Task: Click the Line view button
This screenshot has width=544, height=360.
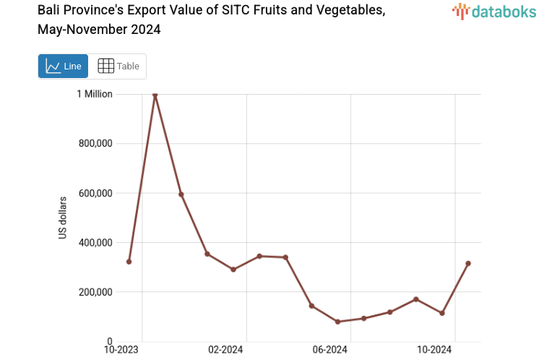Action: point(63,67)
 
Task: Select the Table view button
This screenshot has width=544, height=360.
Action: point(118,67)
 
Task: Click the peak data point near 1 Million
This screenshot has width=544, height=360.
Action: point(155,95)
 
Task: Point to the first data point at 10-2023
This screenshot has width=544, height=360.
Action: point(129,262)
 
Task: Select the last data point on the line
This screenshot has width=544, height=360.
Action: point(468,263)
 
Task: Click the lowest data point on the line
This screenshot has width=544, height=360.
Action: point(337,322)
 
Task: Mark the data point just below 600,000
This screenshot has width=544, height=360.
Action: point(181,194)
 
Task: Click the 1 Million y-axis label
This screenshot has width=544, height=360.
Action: point(95,94)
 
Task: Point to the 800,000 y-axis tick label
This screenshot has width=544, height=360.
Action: point(95,143)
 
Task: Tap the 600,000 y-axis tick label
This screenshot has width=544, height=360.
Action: point(95,193)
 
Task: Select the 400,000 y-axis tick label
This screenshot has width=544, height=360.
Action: point(95,242)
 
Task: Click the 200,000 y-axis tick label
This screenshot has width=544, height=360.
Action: point(95,292)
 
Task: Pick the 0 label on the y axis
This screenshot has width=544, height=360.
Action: point(109,341)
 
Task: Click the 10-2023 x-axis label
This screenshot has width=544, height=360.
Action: point(121,350)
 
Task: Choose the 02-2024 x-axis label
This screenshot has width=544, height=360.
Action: point(226,350)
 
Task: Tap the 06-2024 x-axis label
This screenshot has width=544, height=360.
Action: point(330,350)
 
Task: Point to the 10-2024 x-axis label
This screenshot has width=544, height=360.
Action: point(435,350)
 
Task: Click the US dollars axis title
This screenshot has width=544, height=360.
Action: point(64,218)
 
